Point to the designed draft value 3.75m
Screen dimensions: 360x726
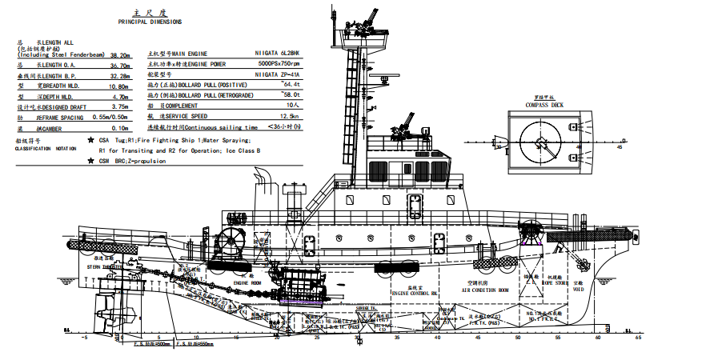pos(119,106)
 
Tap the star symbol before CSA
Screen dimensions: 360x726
pos(90,139)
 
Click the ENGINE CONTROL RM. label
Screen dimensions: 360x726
pos(415,293)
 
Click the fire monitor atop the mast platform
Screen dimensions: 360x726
pos(371,21)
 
